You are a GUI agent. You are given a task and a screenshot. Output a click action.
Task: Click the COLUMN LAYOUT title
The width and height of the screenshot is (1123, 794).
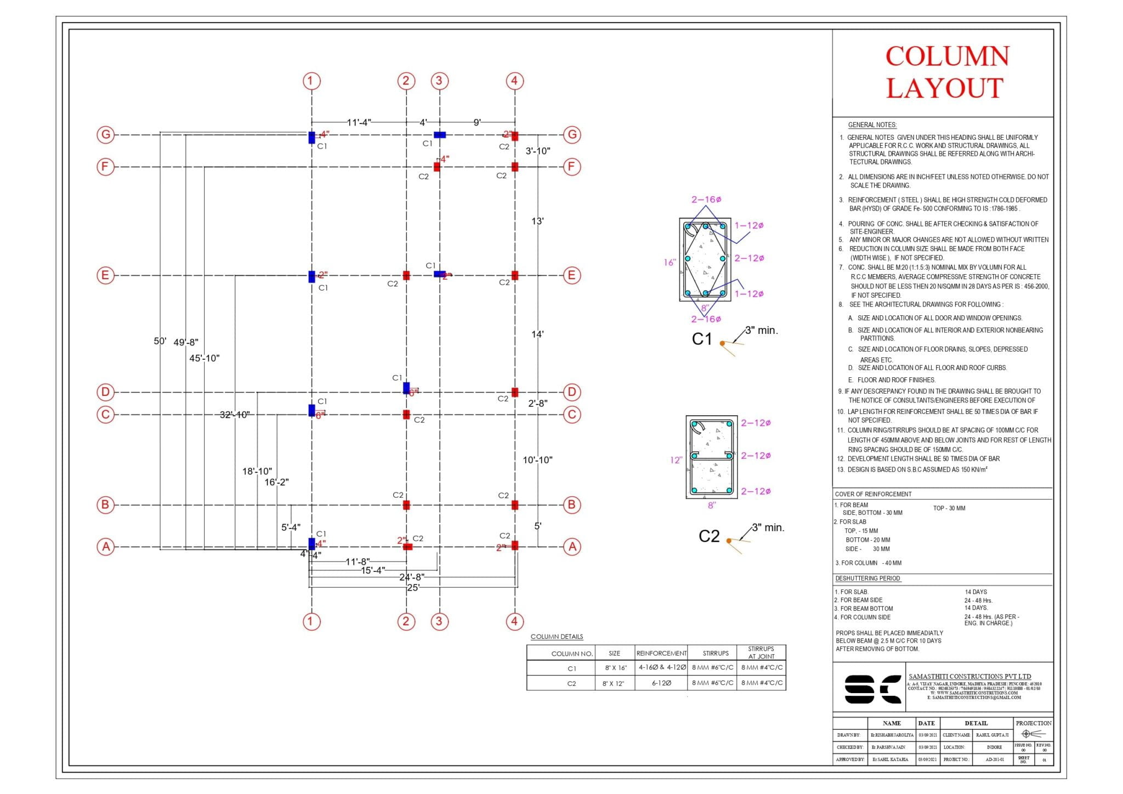click(946, 72)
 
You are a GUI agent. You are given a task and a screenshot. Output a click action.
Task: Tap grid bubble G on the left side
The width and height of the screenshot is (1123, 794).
click(105, 134)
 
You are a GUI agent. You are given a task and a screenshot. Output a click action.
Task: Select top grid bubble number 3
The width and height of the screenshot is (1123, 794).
click(439, 81)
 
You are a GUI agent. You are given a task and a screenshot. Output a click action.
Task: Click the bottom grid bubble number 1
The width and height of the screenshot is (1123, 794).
click(311, 621)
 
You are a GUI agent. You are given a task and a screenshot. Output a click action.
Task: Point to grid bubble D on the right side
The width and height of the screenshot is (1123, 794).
click(572, 392)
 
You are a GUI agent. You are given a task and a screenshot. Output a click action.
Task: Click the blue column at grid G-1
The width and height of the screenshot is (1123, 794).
click(311, 137)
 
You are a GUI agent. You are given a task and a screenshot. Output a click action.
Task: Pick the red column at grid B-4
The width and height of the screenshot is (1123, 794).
click(514, 505)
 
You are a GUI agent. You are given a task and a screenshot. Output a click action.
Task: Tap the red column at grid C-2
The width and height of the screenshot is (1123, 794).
click(406, 415)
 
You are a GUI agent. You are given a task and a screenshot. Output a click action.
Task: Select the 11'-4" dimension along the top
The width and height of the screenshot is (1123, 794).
click(359, 122)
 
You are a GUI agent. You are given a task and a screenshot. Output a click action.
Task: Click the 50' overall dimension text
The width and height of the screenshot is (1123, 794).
click(160, 341)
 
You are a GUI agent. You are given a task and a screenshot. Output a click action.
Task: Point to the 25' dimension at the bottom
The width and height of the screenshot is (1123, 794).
click(413, 587)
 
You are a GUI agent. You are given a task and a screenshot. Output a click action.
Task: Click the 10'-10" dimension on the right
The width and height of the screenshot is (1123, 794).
click(537, 460)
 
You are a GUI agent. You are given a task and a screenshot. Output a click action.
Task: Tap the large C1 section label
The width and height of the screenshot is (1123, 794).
click(701, 339)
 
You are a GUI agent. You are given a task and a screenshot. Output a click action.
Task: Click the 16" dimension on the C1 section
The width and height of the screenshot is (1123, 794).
click(670, 263)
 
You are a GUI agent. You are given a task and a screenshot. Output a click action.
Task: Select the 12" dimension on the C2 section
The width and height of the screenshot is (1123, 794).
click(676, 460)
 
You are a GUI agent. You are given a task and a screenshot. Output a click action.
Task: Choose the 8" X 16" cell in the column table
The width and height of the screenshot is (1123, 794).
click(614, 668)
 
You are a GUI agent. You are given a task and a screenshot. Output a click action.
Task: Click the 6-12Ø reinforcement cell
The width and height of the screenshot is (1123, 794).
click(661, 683)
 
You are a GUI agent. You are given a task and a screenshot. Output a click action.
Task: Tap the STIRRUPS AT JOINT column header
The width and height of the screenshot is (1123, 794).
click(761, 653)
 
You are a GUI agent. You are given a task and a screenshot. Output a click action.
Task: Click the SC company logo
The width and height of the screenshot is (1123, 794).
click(872, 689)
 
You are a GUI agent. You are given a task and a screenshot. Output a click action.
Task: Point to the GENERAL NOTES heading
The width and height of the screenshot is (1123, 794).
click(872, 125)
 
